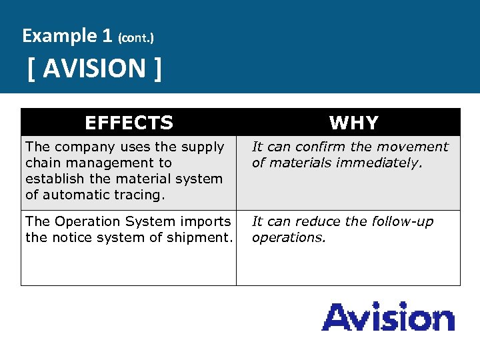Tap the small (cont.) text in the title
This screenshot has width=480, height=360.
click(x=135, y=38)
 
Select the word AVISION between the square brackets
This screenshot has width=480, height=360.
click(x=95, y=68)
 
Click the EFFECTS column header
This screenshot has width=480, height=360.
click(x=129, y=123)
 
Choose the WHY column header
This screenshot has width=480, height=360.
click(x=353, y=123)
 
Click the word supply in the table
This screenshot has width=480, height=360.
click(x=203, y=147)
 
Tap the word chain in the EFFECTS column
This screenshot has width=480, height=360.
click(x=43, y=163)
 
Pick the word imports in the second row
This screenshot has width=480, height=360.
click(x=207, y=221)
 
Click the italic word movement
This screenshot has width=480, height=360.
click(x=413, y=147)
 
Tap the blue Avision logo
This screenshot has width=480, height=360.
click(x=388, y=317)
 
